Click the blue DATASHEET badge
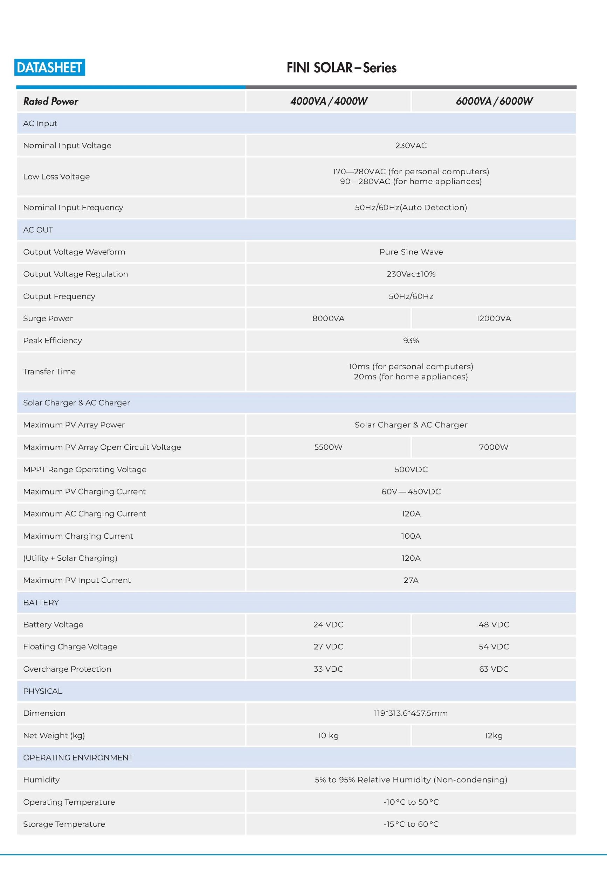click(x=50, y=68)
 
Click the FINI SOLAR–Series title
click(x=341, y=68)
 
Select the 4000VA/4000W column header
click(x=329, y=101)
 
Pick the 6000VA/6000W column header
click(x=494, y=101)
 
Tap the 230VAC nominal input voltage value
click(x=411, y=146)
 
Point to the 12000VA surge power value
click(x=493, y=318)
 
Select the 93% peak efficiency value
click(x=411, y=341)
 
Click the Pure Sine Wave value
click(x=411, y=252)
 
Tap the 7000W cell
click(x=493, y=447)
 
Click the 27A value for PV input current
click(x=411, y=580)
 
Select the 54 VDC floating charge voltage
click(x=493, y=646)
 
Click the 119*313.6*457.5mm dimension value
click(x=411, y=713)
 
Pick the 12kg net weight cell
click(x=493, y=736)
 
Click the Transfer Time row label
click(x=49, y=372)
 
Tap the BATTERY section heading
click(x=41, y=603)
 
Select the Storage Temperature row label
click(x=64, y=824)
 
